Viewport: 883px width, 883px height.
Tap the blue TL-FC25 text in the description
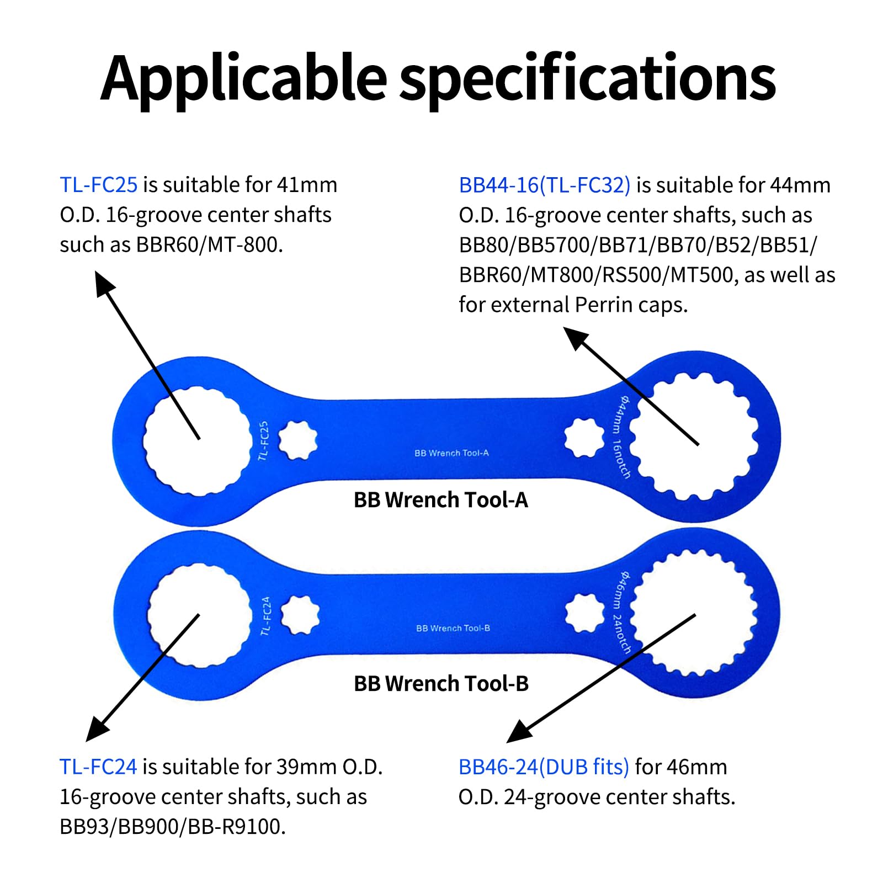point(99,184)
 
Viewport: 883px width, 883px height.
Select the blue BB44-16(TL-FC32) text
point(545,185)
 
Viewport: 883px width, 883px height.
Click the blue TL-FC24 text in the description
point(98,767)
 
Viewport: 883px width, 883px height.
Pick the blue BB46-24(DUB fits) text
point(544,767)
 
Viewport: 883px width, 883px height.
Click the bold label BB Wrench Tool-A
point(441,499)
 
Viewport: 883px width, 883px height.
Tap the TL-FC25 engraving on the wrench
point(263,441)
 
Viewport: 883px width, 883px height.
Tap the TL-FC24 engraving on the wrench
point(266,616)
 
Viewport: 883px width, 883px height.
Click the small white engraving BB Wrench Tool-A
point(451,453)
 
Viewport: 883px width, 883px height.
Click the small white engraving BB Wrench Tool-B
point(453,628)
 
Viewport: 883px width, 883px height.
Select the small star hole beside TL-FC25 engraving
point(298,440)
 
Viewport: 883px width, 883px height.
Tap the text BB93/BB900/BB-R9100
point(173,827)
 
